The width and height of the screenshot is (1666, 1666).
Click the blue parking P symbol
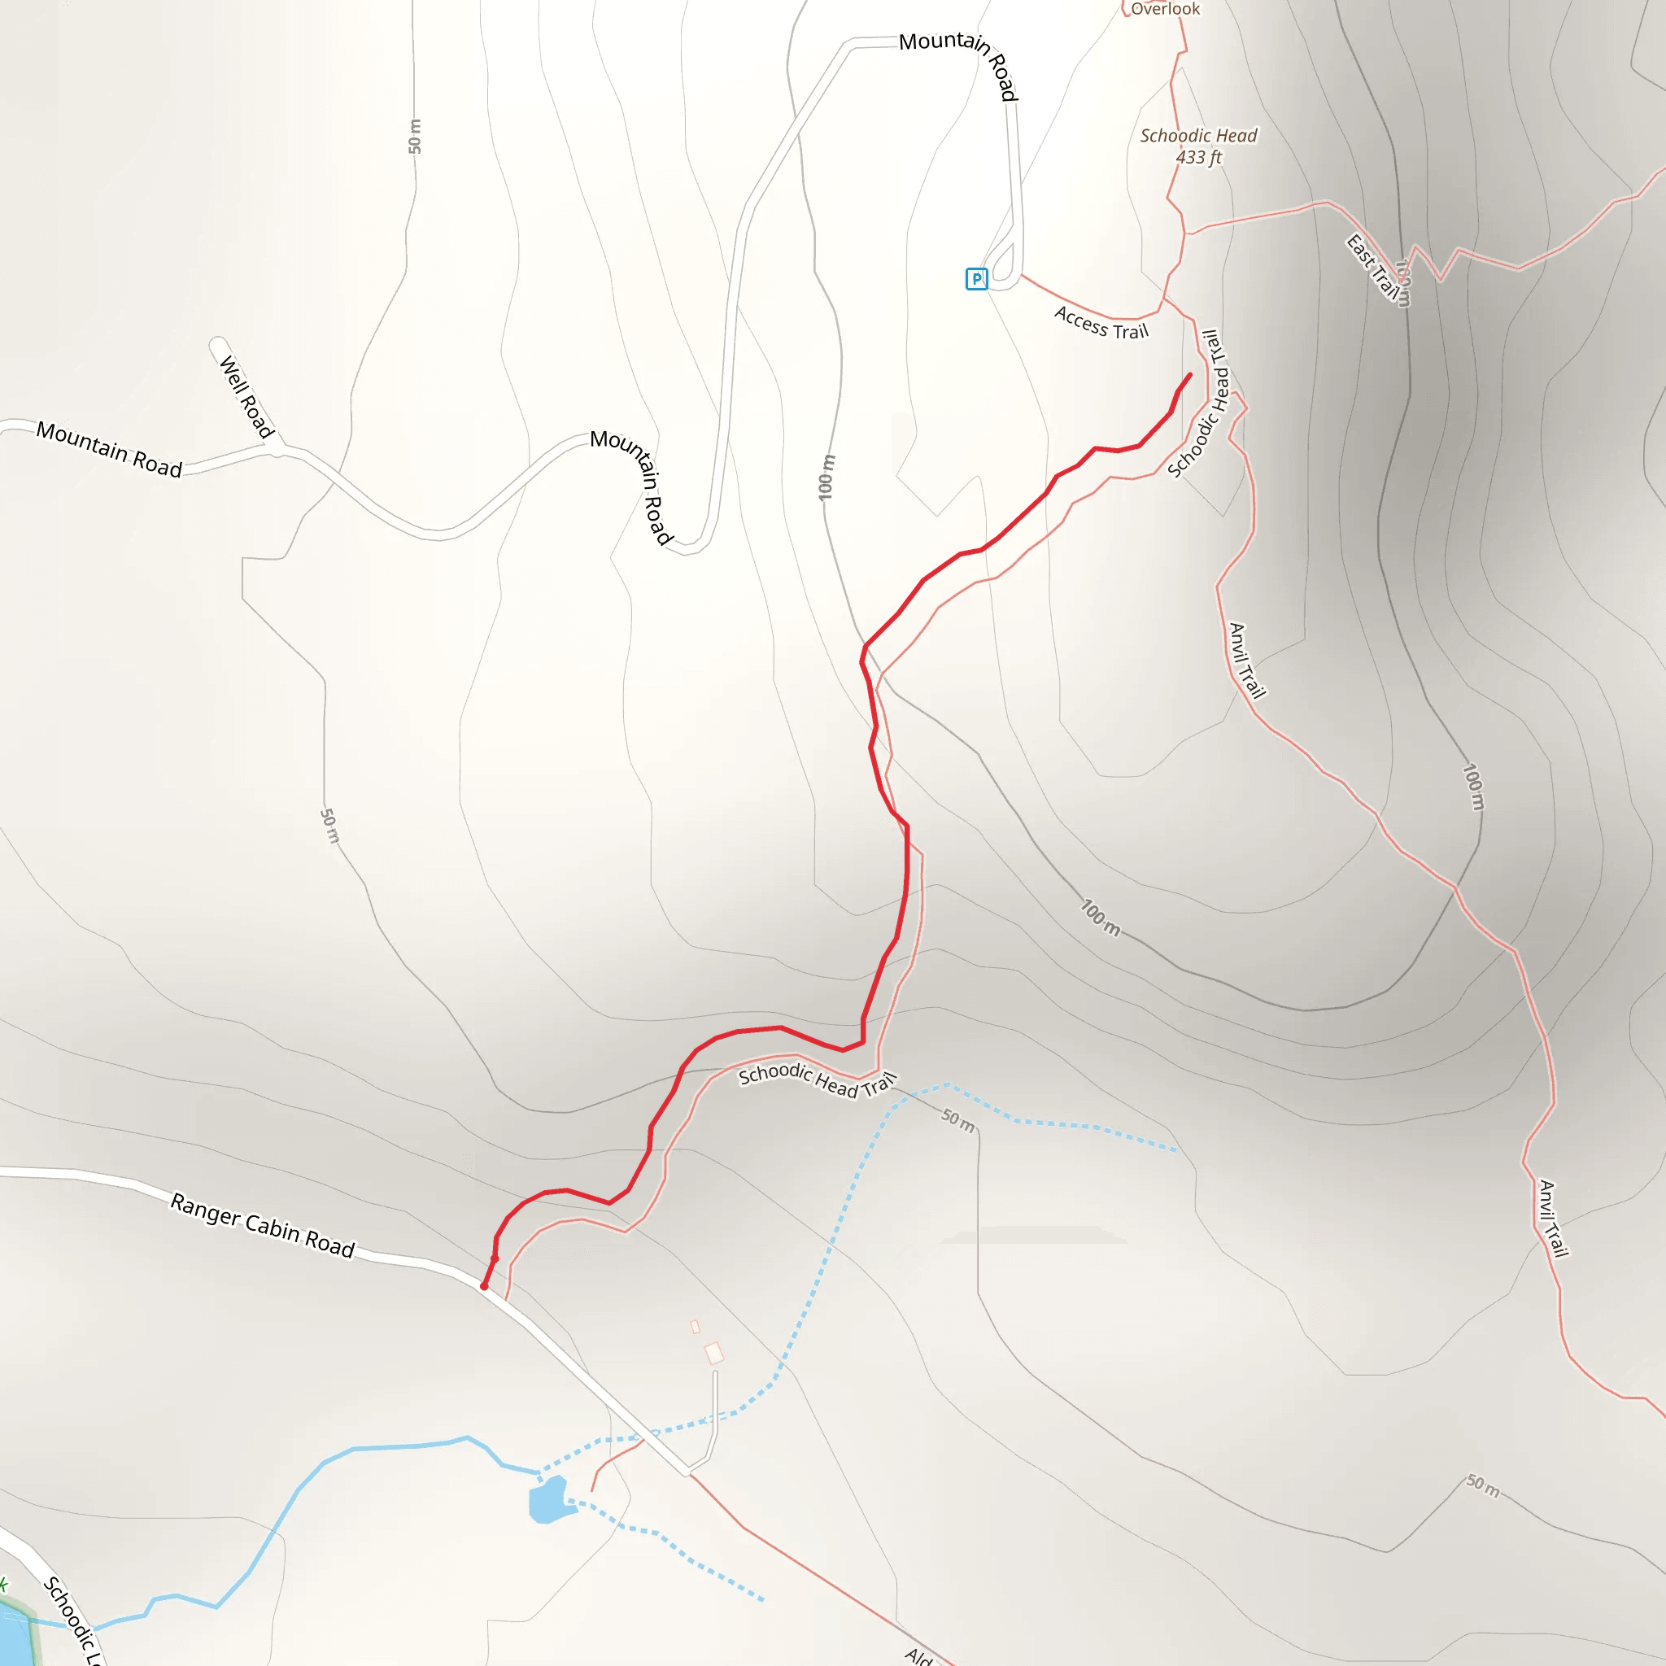tap(976, 278)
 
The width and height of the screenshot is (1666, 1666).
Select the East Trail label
tap(1373, 268)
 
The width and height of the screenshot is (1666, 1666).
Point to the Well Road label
tap(246, 397)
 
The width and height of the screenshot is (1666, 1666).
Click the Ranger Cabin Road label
tap(262, 1224)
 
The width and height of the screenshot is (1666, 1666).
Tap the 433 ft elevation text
tap(1198, 157)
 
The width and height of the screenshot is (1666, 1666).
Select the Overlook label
tap(1165, 9)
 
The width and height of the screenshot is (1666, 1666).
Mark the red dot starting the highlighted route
tap(485, 1287)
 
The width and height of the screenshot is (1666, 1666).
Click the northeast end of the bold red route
tap(1190, 374)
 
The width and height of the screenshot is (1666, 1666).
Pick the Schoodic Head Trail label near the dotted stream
tap(818, 1080)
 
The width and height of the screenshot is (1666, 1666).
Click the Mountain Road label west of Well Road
tap(109, 449)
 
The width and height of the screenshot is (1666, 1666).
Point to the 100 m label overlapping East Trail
tap(1403, 283)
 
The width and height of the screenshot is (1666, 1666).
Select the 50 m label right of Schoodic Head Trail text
tap(958, 1120)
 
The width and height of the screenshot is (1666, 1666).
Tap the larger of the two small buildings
tap(714, 1353)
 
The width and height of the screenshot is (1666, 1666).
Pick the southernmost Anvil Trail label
tap(1553, 1219)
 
